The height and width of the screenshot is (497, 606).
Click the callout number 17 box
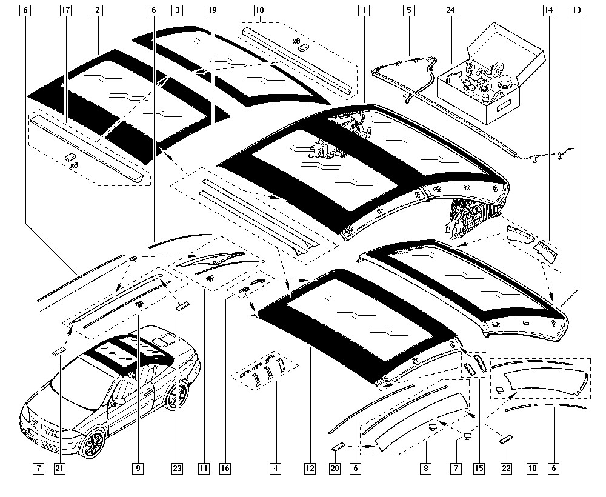[66, 11]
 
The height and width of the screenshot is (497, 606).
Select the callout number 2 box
[98, 11]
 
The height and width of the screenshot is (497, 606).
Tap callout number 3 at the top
[177, 11]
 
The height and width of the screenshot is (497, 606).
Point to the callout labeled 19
[211, 11]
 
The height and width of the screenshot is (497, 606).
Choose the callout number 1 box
[363, 11]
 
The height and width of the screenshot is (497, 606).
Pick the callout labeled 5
[408, 11]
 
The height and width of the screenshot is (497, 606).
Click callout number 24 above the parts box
[450, 11]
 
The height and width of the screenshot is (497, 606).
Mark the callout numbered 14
[548, 11]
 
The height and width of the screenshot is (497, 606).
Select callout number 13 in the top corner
[576, 11]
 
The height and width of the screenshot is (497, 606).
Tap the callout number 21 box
[59, 468]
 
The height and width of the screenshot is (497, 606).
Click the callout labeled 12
[310, 468]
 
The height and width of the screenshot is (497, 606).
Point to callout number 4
[276, 468]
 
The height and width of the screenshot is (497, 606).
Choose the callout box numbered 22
[507, 468]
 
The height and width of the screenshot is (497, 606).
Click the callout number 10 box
[532, 468]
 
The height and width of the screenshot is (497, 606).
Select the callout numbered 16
[225, 468]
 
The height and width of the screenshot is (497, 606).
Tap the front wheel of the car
[94, 445]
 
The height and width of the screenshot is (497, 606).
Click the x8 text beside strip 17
[73, 164]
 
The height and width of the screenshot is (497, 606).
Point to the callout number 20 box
[336, 468]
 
